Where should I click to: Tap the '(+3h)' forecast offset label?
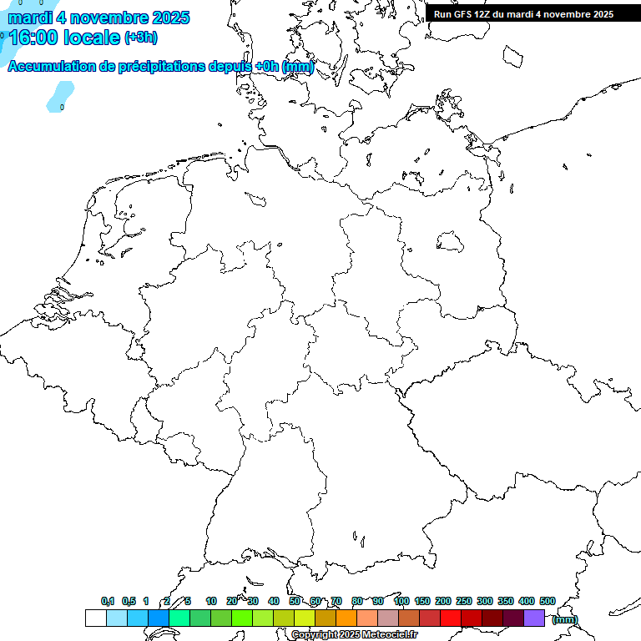141,38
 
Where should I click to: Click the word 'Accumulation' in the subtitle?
50,67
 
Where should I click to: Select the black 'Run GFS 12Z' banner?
523,13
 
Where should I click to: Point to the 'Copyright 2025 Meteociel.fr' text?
354,635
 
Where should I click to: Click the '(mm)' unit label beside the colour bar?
564,619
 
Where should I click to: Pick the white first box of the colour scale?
95,618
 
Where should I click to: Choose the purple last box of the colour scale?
534,618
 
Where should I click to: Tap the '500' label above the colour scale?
547,601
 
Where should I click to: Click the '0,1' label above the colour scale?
108,601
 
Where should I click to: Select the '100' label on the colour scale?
401,601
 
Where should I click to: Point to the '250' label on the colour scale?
464,601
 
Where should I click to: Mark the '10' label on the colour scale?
211,601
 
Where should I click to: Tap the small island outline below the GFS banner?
512,55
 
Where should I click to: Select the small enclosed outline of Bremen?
256,199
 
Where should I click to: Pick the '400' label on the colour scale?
527,601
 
